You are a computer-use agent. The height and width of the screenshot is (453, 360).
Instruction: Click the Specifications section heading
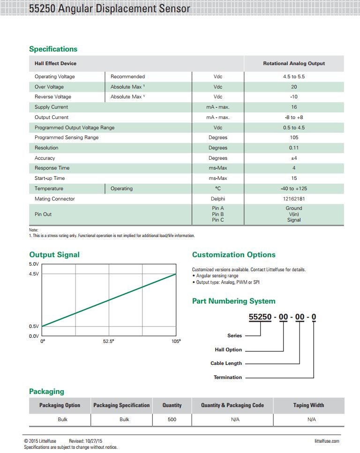tap(53, 49)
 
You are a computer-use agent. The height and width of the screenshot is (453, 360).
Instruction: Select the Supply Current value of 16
tap(294, 107)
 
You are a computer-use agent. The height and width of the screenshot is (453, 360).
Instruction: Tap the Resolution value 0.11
tap(294, 148)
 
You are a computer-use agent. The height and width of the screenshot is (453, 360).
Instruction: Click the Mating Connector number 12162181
tap(294, 199)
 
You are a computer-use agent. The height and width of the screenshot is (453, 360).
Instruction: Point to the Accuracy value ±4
tap(294, 158)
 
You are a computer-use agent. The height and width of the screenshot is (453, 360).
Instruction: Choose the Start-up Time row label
tap(50, 178)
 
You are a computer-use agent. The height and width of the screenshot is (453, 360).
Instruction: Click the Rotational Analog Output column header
tap(294, 64)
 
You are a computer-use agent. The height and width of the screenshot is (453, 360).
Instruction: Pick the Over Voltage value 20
tap(294, 87)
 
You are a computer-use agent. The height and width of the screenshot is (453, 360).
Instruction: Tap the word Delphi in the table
tap(218, 199)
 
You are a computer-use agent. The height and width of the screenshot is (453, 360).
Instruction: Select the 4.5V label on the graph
tap(34, 274)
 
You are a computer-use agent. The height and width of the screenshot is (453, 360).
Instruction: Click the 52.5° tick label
tap(109, 342)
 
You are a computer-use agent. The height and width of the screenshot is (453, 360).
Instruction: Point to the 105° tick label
tap(176, 342)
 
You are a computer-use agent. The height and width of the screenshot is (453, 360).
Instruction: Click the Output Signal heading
tap(54, 255)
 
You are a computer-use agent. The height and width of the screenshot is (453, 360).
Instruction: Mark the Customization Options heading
tap(233, 255)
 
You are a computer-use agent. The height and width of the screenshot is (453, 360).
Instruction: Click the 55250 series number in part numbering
tap(260, 317)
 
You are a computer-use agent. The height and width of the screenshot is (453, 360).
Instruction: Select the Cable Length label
tap(226, 364)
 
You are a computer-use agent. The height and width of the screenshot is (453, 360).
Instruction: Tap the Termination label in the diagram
tap(228, 378)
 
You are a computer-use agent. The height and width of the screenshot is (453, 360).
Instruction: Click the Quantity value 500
tap(172, 420)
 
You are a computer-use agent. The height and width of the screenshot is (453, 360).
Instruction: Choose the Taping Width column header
tap(308, 406)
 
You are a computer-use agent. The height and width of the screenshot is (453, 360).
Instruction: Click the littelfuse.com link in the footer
tap(327, 441)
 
